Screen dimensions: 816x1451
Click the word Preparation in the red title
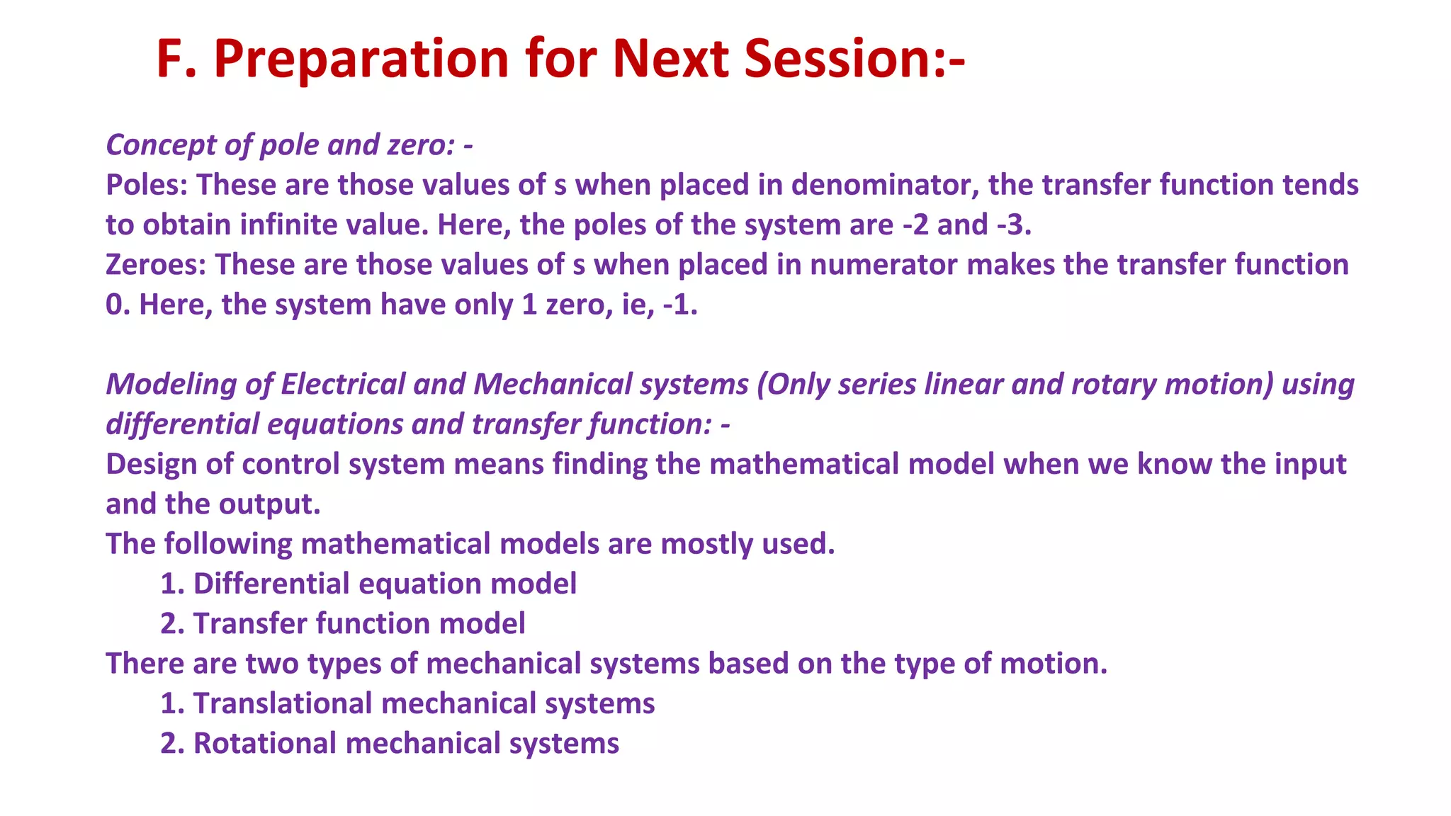tap(361, 59)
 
